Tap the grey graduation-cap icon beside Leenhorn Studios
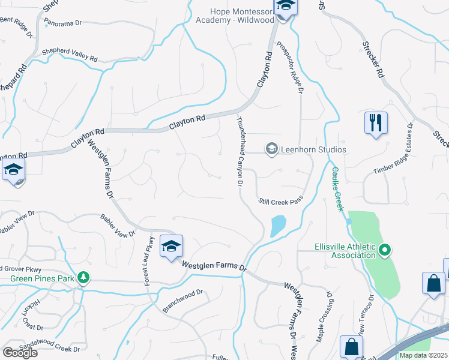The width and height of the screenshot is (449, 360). click(271, 149)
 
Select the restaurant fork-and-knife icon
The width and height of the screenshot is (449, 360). click(376, 123)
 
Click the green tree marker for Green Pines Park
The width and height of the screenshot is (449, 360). click(85, 278)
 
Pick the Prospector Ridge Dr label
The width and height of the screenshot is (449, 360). click(289, 67)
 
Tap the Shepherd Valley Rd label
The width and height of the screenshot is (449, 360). click(69, 56)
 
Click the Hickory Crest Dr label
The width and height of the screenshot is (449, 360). click(31, 314)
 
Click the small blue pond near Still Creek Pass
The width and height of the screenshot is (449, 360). click(277, 226)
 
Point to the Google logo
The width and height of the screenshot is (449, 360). click(20, 352)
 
